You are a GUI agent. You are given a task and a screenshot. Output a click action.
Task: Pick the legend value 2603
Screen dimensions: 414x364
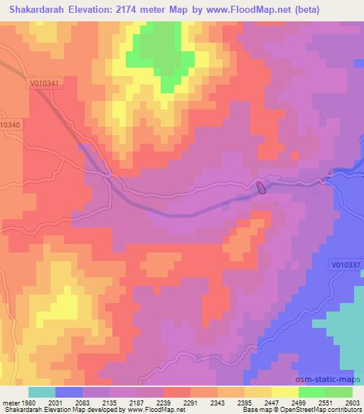(x=353, y=403)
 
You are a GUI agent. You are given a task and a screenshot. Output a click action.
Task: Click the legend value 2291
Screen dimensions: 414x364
(x=191, y=403)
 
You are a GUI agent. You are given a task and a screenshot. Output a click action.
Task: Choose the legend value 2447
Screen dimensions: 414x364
(x=272, y=403)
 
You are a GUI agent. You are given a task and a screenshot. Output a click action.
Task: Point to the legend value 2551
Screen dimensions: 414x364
(x=325, y=403)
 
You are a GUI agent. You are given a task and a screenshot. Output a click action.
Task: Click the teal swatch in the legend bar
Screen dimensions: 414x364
(x=41, y=392)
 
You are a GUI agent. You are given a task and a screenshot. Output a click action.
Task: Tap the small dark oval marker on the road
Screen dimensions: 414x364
(x=261, y=188)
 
